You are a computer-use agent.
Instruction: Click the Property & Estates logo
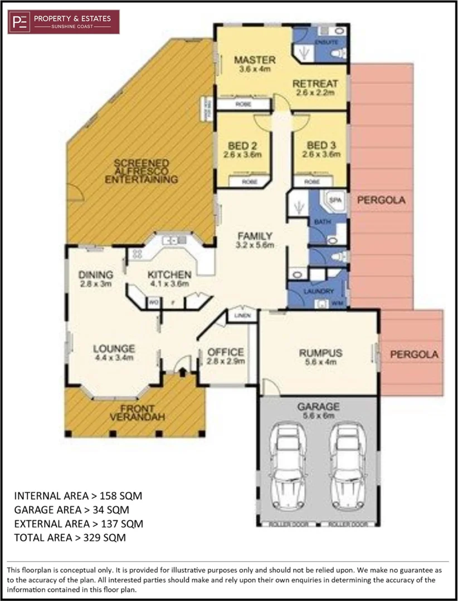[64, 22]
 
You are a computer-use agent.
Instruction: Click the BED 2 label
[242, 146]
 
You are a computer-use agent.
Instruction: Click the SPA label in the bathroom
[335, 199]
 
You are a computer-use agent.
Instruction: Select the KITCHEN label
[169, 274]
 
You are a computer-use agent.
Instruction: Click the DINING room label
[96, 274]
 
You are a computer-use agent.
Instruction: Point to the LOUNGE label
[114, 349]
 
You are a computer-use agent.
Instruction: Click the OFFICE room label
[225, 352]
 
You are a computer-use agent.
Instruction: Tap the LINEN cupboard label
[242, 316]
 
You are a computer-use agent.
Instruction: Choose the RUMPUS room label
[320, 353]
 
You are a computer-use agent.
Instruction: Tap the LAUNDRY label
[319, 291]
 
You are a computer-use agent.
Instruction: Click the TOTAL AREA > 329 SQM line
[70, 538]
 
